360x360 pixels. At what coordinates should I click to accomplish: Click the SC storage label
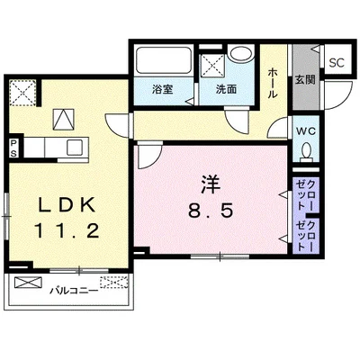(337, 63)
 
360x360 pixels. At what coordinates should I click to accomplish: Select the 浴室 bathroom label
(162, 90)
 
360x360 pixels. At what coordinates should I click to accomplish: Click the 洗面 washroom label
(225, 90)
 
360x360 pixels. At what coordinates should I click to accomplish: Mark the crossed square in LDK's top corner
(22, 90)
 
